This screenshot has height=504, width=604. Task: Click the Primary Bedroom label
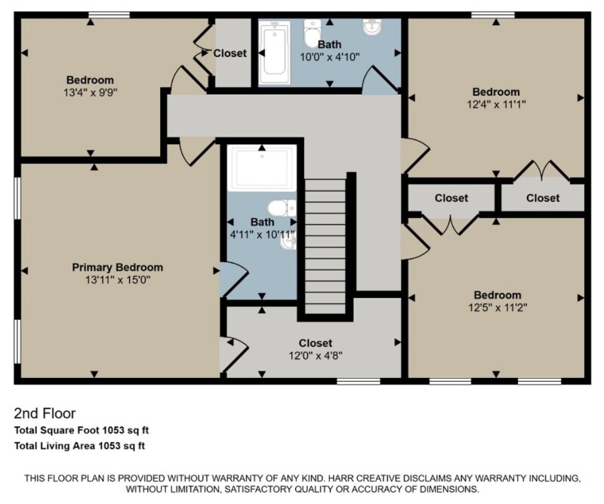coord(117,267)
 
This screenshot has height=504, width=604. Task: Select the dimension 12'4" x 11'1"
coord(495,105)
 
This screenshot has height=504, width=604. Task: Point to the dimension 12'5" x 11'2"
coord(497,307)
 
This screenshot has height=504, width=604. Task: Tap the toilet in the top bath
coord(310,34)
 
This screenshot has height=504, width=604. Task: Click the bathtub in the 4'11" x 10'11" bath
coord(262,169)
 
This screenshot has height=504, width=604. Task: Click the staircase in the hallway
coord(325,241)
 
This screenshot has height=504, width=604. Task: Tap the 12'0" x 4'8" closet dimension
coord(315,355)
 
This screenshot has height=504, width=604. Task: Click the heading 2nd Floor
coord(45,413)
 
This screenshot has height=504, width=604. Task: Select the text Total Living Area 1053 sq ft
coord(79,446)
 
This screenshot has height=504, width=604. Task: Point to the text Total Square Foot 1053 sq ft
coord(82,430)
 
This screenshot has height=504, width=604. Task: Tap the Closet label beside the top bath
coord(230,54)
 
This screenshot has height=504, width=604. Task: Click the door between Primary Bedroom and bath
coord(230,279)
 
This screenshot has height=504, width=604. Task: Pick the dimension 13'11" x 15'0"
coord(117,280)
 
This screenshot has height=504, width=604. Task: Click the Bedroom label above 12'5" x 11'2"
coord(497,294)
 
